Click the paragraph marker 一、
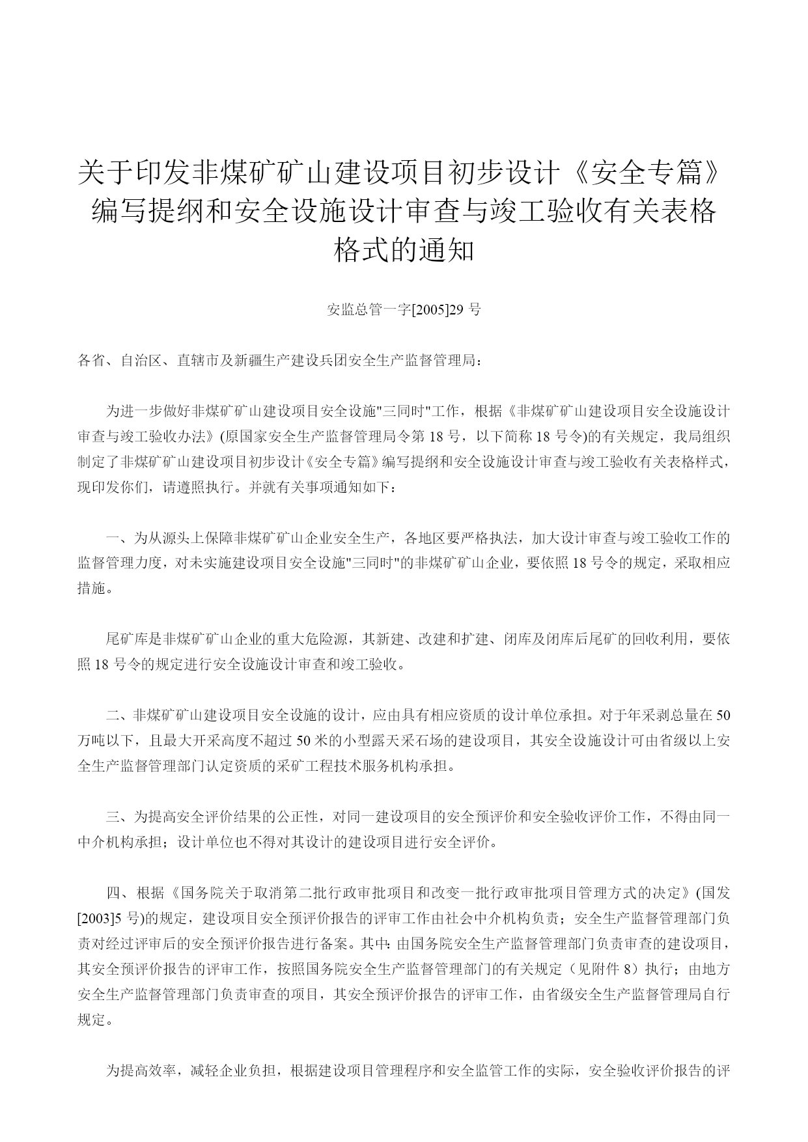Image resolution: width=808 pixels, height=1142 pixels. [x=119, y=538]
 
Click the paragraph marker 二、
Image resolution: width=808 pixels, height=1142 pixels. [x=119, y=716]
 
